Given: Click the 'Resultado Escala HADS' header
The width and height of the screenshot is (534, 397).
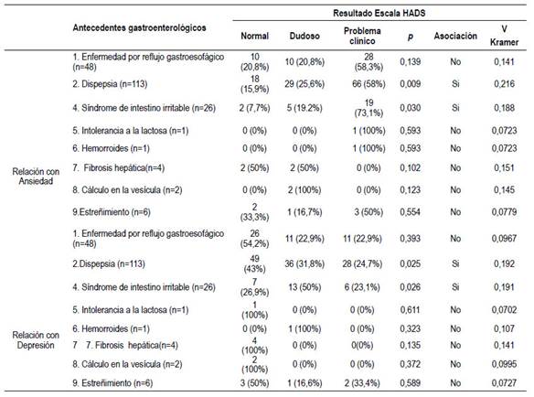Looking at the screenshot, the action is [x=379, y=14].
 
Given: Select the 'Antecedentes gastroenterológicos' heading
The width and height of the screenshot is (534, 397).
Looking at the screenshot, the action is [x=139, y=27].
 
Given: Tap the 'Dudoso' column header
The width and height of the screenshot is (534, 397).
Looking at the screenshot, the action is [x=304, y=36].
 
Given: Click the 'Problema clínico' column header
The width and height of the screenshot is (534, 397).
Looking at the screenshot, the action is [x=362, y=36].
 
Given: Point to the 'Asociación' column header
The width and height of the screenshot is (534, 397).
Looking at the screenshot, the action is [x=455, y=36].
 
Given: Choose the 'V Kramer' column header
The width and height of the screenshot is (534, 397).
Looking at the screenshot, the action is [x=504, y=36].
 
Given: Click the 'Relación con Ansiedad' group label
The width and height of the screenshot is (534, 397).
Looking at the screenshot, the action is [x=36, y=177].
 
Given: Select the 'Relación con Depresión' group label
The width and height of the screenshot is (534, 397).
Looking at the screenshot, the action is [x=36, y=340].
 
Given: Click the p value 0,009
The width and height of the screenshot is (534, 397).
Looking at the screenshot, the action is [x=410, y=84].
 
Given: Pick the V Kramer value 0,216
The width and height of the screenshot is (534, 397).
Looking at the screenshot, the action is [x=504, y=84].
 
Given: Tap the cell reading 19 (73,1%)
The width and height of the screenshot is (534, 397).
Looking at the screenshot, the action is [x=368, y=108].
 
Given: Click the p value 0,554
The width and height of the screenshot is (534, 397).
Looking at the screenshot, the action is [x=410, y=212].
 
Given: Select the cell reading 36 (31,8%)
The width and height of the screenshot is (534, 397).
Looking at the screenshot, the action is [x=304, y=263].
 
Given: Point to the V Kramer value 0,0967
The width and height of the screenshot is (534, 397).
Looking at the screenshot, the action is [x=504, y=239].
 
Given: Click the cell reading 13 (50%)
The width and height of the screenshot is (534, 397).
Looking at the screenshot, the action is [x=304, y=287].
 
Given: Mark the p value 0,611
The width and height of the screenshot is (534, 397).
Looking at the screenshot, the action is [x=410, y=310].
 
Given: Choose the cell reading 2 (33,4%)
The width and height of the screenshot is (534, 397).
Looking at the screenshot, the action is [x=362, y=383].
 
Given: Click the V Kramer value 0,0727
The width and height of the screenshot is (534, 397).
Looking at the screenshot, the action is [x=504, y=383].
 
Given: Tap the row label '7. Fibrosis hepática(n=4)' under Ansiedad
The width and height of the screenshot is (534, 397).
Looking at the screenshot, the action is [x=118, y=168].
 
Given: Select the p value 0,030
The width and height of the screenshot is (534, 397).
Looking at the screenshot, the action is [x=410, y=108].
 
